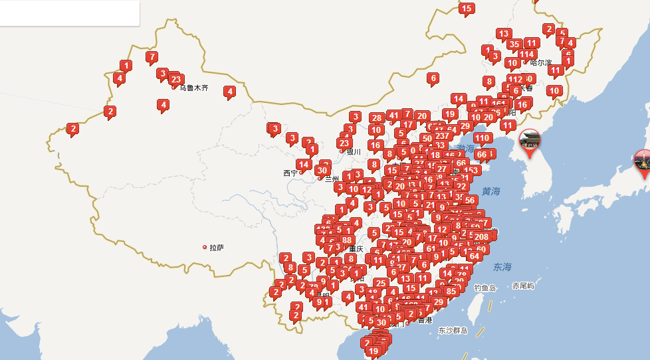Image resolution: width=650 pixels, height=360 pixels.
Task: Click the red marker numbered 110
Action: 483,138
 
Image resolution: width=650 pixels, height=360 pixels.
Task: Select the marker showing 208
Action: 482,236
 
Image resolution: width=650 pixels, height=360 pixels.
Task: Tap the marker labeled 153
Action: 471,170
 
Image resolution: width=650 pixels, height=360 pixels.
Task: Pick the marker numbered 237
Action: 442,136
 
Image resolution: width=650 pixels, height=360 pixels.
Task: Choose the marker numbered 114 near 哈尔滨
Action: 528,54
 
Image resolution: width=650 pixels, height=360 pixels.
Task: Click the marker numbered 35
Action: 514,45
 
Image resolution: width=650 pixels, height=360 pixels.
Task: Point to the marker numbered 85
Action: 452,291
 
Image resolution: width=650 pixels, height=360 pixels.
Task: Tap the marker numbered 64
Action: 474,256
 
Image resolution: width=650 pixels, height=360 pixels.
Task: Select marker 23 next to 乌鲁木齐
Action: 176,79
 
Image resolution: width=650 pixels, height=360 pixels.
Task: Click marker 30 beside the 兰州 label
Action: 322,171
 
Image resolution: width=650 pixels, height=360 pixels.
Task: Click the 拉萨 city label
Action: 217,248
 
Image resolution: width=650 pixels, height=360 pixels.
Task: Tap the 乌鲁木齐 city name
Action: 193,88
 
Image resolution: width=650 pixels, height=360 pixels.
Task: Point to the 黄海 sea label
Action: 491,191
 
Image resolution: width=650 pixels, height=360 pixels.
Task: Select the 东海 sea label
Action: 503,267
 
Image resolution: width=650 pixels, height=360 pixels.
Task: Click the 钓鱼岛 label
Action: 485,288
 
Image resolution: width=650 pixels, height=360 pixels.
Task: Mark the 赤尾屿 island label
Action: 523,286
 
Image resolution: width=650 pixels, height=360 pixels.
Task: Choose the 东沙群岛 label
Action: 453,330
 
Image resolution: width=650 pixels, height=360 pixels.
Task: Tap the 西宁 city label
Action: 290,173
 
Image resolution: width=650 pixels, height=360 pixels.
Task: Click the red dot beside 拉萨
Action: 205,247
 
